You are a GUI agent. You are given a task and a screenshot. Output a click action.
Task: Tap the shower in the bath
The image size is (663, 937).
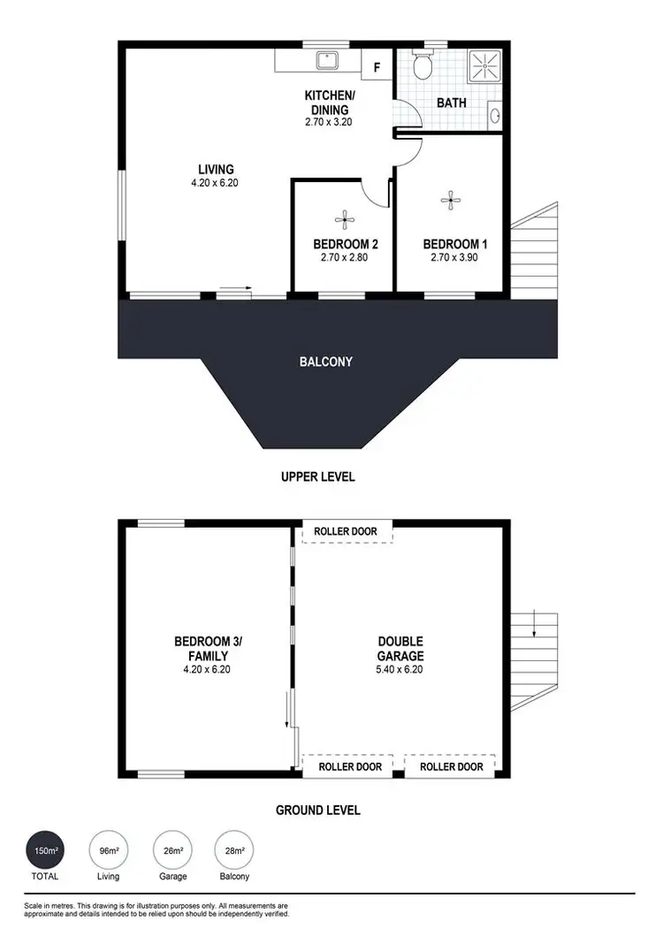pos(484,65)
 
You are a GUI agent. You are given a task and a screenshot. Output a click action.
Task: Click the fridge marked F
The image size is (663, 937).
pos(377,66)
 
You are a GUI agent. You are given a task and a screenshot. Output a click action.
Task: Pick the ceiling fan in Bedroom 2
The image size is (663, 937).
pos(343,218)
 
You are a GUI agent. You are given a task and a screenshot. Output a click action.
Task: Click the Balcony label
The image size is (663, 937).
pos(327,362)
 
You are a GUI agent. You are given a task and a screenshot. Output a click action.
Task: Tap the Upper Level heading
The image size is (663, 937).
pos(318,477)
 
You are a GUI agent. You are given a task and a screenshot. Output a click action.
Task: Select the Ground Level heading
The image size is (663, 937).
pos(318,810)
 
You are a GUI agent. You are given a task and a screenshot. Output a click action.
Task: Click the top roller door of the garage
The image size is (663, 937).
pos(347,531)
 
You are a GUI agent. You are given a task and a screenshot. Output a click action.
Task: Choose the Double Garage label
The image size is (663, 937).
pos(400,649)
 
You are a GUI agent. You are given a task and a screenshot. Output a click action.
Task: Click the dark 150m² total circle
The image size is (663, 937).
pos(44,852)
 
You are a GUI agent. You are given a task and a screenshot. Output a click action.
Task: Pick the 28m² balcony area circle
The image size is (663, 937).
pos(235,852)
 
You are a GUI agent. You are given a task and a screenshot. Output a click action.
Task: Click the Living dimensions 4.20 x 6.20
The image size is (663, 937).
pos(216,184)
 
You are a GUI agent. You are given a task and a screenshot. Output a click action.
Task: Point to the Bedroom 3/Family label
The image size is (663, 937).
pos(202,649)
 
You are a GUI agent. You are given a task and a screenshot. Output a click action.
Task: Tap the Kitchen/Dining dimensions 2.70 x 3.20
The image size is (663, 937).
pos(329,123)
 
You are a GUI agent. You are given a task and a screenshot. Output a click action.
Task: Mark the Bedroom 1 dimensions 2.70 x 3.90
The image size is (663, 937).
pos(454,258)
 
